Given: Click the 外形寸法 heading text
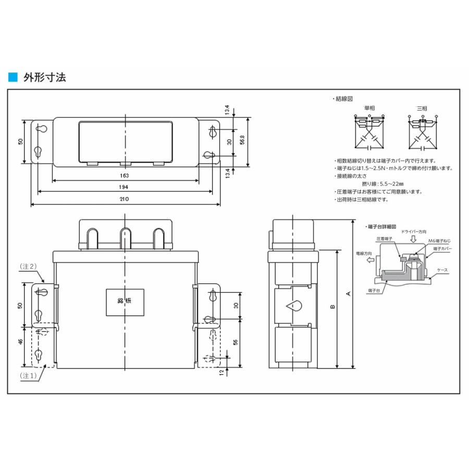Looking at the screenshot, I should click(44, 78).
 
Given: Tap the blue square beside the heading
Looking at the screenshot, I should click(13, 78).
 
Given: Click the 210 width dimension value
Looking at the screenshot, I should click(125, 200).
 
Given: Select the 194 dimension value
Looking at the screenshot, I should click(125, 187).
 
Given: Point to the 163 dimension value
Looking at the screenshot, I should click(125, 176).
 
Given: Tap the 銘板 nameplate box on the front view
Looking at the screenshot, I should click(126, 302).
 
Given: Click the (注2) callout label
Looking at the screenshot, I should click(28, 266).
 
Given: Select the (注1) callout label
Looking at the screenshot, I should click(28, 375).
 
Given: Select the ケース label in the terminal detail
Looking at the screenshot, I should click(442, 270).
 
